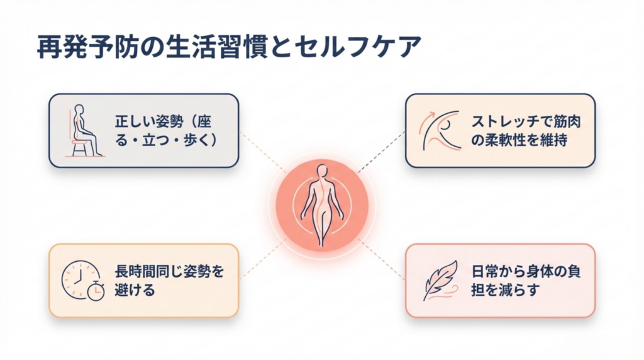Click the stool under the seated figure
tap(79, 148)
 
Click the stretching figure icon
tap(441, 130)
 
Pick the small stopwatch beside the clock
tap(95, 292)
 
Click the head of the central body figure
tap(322, 170)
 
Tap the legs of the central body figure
tap(322, 227)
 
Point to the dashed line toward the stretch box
tap(381, 152)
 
